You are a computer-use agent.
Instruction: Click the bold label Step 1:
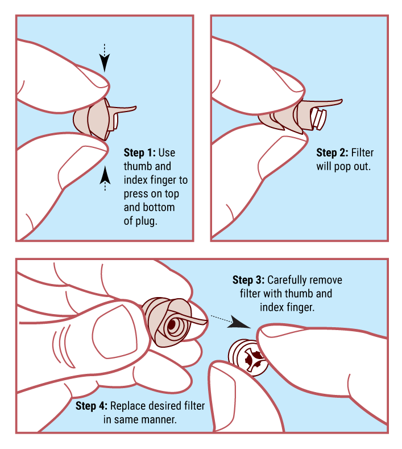pos(139,153)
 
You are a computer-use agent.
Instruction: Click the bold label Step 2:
pos(332,153)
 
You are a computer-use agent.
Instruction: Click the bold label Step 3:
pos(248,280)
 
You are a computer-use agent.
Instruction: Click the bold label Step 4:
pos(92,406)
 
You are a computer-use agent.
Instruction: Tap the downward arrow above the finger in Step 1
pos(105,58)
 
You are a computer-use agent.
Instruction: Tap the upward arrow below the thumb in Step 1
pos(105,178)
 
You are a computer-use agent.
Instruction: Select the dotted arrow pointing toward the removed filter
pos(230,321)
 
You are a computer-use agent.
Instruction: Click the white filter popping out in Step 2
pos(318,118)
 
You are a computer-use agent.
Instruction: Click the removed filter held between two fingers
pos(248,356)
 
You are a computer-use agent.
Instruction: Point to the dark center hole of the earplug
pos(172,324)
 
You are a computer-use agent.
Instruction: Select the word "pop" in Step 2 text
pos(344,167)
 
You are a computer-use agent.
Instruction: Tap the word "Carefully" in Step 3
pos(287,280)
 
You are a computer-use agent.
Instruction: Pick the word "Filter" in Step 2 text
pos(362,153)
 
